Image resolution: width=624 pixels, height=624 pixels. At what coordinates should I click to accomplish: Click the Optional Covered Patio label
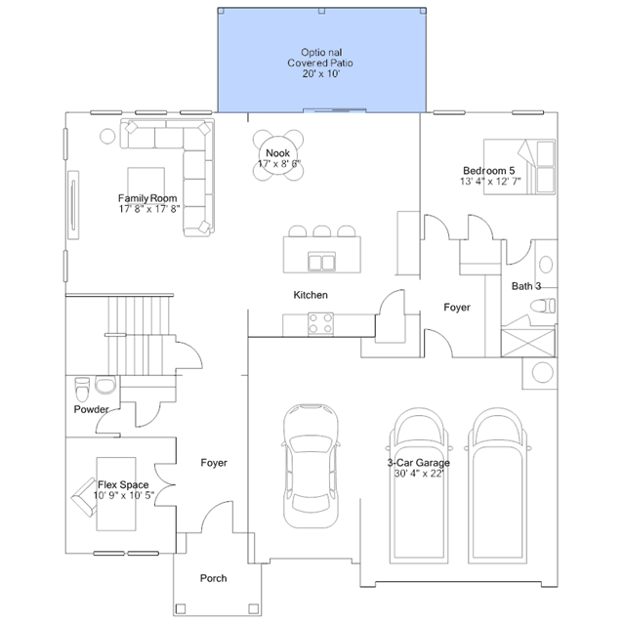point(320,62)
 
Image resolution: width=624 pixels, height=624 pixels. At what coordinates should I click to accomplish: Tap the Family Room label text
point(147,198)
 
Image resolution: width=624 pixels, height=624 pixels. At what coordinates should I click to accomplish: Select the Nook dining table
point(278,155)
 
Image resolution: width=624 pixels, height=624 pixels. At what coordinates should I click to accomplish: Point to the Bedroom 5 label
point(488,171)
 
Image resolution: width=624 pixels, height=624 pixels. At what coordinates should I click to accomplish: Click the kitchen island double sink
point(321,263)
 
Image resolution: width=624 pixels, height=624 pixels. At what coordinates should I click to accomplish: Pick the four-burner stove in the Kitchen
point(320,323)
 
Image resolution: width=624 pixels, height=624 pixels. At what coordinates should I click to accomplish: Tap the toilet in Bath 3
point(543,306)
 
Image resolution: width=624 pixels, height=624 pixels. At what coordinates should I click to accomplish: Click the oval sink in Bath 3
point(546,265)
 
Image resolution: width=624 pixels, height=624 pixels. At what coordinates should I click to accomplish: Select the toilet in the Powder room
point(82,390)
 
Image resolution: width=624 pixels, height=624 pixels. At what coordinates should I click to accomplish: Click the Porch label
point(213,578)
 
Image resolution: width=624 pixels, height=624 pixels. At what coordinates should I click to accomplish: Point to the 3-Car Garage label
point(419,463)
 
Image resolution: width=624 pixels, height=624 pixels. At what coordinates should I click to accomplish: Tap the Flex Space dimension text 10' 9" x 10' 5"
point(124,495)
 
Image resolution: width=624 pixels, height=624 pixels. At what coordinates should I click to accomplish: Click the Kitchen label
point(311,295)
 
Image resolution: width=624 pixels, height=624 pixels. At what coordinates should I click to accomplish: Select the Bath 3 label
point(526,286)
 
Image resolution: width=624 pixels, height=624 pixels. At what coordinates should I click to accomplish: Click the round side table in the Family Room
point(107,136)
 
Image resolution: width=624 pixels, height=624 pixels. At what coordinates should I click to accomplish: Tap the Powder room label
point(91,409)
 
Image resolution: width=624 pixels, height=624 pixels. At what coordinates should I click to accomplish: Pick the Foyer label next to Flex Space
point(214,463)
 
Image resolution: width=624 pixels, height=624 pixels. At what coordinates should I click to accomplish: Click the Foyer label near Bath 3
point(457,308)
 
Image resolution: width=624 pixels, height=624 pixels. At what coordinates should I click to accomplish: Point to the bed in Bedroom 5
point(520,167)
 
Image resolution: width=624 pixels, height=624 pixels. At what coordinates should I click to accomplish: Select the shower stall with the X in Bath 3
point(527,342)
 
